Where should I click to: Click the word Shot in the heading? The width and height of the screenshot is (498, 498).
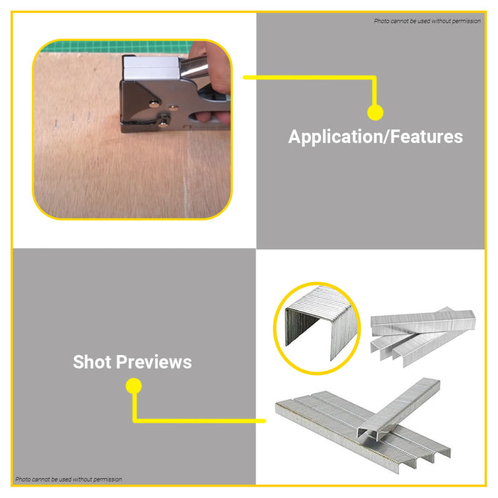tap(92, 361)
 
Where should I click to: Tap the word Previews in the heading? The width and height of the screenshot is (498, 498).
tap(154, 361)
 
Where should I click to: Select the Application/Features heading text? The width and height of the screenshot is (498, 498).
tap(376, 137)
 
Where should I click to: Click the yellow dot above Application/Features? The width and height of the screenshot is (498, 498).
tap(375, 112)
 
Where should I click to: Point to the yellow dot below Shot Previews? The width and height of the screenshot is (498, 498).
tap(134, 386)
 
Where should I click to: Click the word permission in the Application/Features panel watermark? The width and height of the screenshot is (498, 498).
tap(466, 21)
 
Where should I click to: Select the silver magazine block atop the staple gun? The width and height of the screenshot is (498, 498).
tap(152, 68)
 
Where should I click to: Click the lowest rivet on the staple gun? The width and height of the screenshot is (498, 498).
tap(163, 122)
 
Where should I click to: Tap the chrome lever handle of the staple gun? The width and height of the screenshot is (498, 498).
tap(194, 68)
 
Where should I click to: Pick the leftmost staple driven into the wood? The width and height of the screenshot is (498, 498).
tap(56, 124)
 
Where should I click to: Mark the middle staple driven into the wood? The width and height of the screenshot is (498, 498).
tap(73, 119)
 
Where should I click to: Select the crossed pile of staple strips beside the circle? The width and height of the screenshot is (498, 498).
tap(423, 336)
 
